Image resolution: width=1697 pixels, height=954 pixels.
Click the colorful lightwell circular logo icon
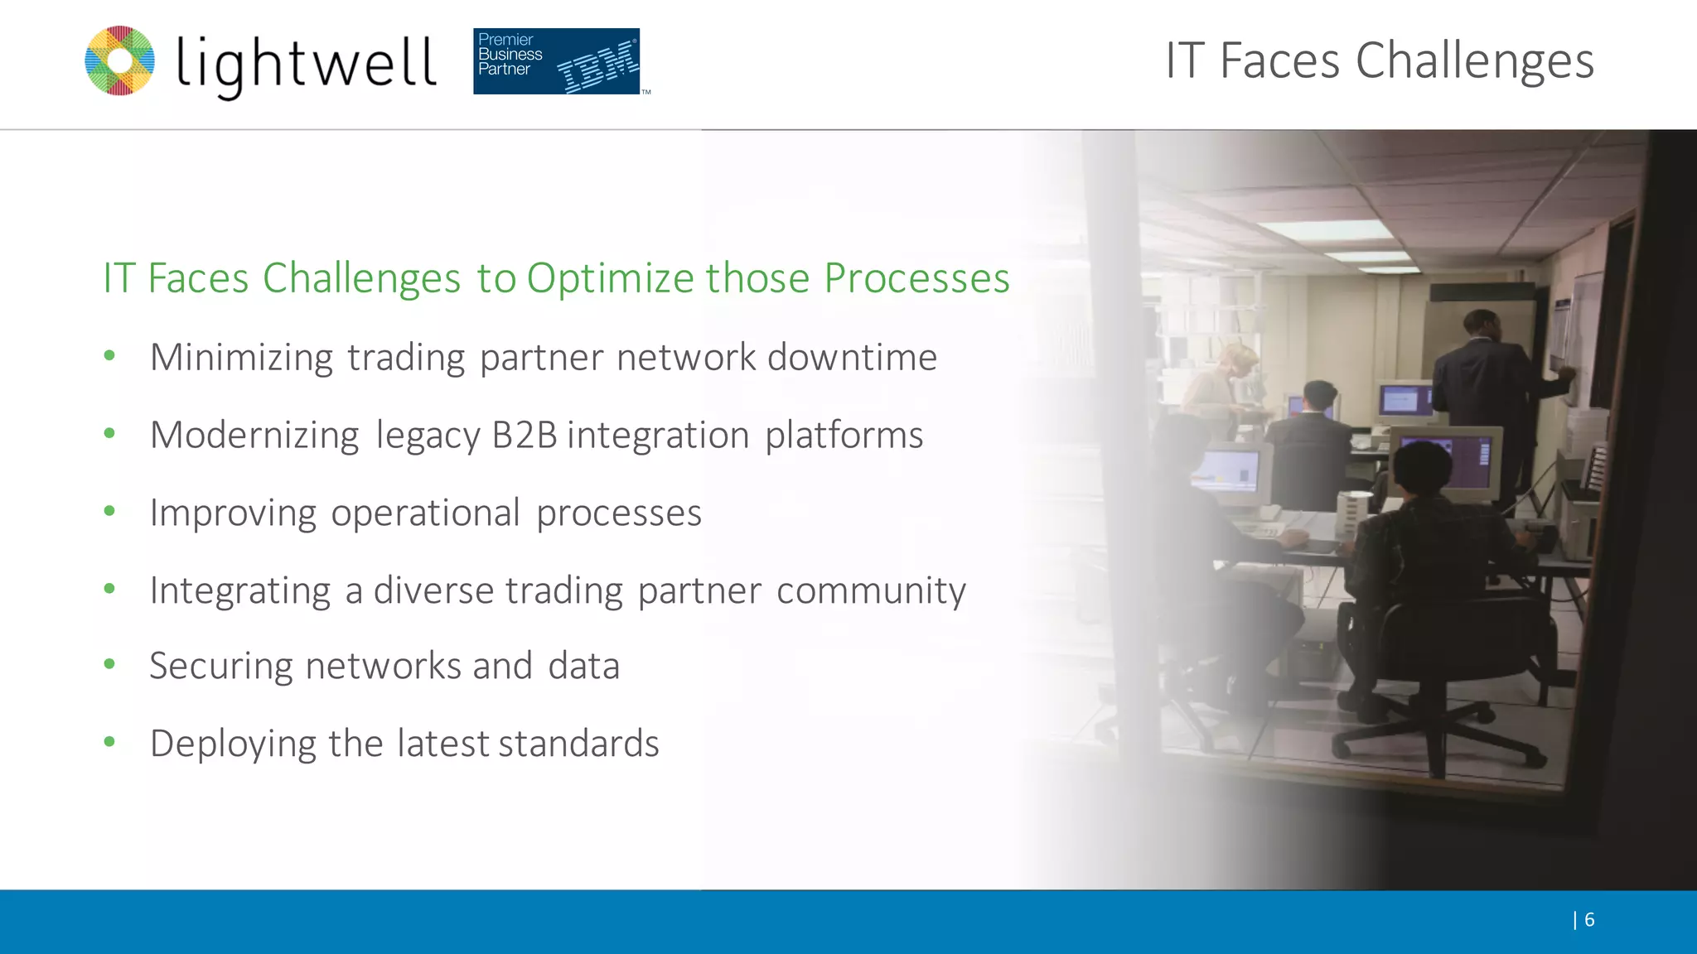(x=120, y=60)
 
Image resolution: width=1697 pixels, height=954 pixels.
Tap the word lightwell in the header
(x=306, y=64)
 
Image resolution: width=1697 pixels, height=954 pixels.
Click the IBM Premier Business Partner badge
(x=556, y=61)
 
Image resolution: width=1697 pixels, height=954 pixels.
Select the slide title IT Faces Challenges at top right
(x=1379, y=60)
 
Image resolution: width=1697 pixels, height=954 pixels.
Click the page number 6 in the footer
(x=1588, y=919)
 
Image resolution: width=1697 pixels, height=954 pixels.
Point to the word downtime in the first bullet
(x=852, y=358)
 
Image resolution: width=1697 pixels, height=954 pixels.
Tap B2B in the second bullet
(x=524, y=436)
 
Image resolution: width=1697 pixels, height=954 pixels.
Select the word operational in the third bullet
(x=425, y=513)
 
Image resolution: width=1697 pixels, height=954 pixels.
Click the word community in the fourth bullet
(x=871, y=591)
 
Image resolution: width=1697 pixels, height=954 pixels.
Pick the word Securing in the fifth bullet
(x=220, y=667)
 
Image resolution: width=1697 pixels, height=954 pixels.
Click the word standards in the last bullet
(x=578, y=744)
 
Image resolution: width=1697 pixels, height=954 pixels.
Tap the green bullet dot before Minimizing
(x=109, y=356)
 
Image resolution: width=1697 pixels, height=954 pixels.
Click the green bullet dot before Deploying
(x=109, y=742)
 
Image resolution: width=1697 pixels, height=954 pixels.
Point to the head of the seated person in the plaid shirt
(x=1423, y=469)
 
